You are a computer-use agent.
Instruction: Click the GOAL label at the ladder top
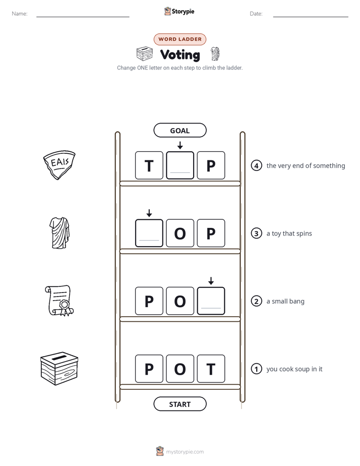(x=179, y=130)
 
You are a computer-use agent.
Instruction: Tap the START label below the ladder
(x=179, y=404)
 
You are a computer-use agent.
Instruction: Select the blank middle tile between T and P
(x=180, y=165)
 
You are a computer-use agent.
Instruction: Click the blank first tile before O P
(x=149, y=233)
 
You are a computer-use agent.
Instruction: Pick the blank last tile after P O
(x=211, y=301)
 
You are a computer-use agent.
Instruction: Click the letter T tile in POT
(x=211, y=369)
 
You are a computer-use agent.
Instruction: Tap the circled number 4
(x=256, y=165)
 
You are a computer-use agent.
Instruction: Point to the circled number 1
(x=256, y=369)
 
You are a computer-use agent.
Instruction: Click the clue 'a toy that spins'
(x=289, y=234)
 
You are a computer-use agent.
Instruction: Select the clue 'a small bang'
(x=285, y=302)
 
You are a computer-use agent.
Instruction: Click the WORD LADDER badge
(x=179, y=39)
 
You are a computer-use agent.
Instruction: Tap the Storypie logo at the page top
(x=179, y=11)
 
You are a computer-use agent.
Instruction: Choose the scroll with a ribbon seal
(x=59, y=301)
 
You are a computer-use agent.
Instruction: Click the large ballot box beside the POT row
(x=59, y=369)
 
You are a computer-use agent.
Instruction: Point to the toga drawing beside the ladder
(x=59, y=232)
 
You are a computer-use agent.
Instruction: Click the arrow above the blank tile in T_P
(x=180, y=145)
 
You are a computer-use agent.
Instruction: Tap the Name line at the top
(x=83, y=17)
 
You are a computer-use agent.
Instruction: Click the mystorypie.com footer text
(x=185, y=452)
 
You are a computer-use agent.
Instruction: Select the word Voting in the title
(x=180, y=54)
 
